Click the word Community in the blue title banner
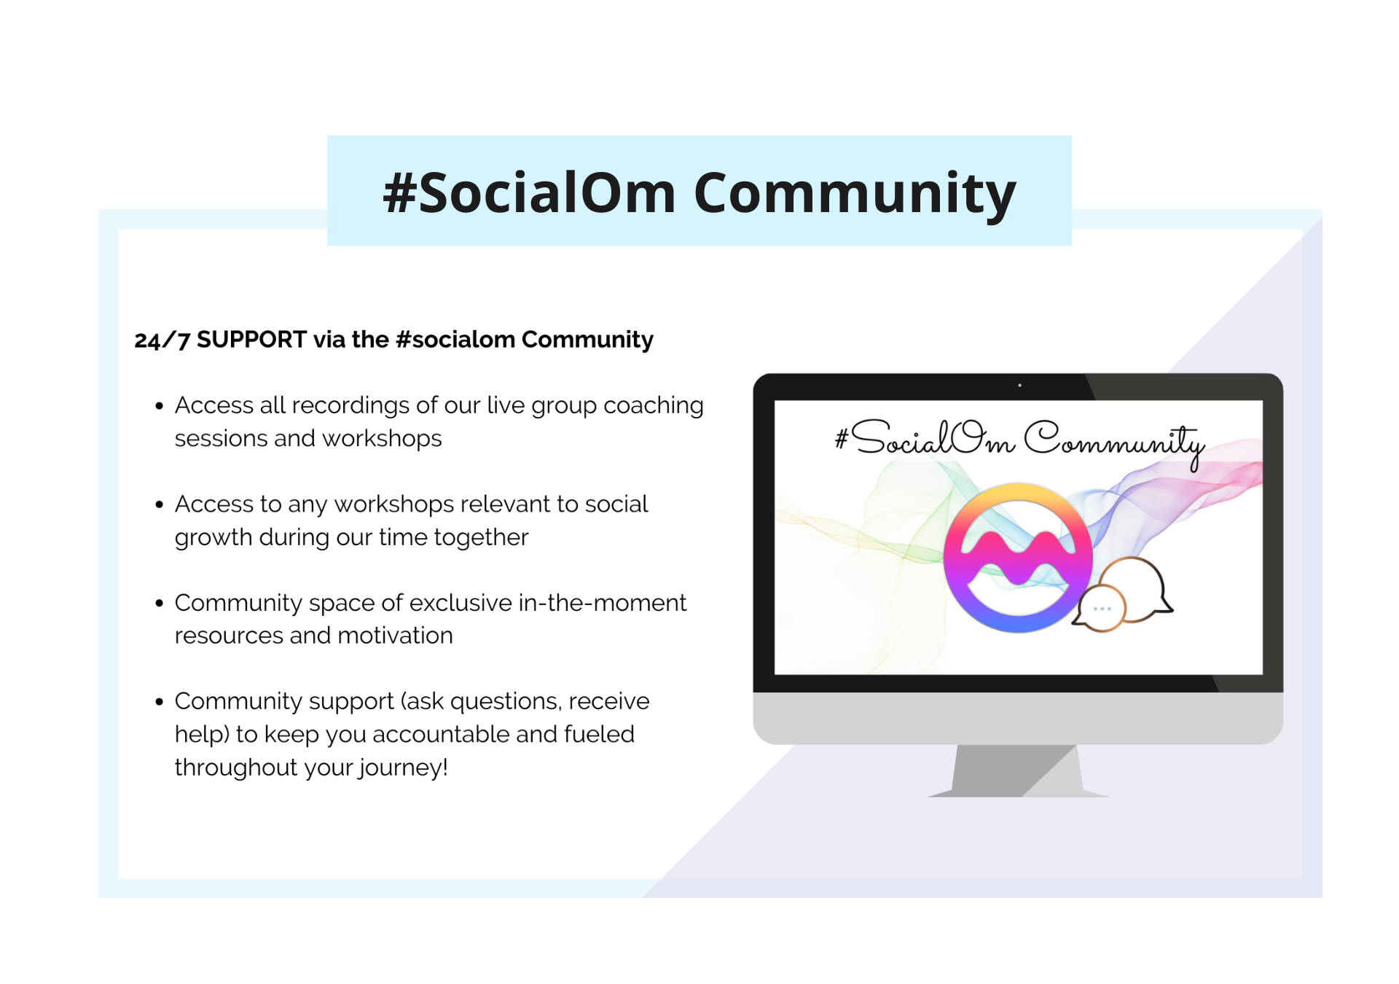click(855, 193)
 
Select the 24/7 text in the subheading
click(162, 340)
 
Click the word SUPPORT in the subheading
click(251, 340)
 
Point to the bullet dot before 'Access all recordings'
click(159, 406)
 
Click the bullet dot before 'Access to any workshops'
click(159, 504)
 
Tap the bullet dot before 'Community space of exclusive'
click(159, 604)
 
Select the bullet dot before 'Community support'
click(159, 702)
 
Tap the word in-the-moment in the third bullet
click(603, 602)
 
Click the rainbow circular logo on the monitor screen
click(1018, 558)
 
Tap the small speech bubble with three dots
click(1101, 609)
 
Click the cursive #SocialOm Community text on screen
click(1019, 442)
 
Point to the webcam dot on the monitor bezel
click(1019, 386)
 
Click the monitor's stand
click(1018, 771)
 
